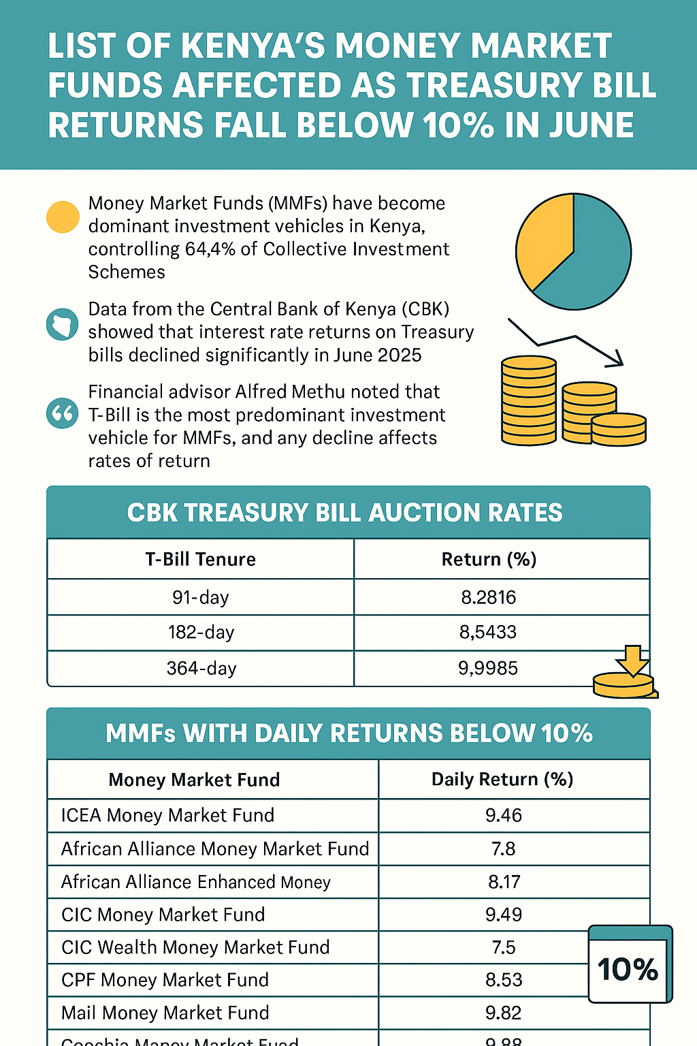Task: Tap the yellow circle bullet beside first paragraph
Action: click(63, 217)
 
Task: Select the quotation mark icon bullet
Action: click(62, 413)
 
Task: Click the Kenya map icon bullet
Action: click(62, 325)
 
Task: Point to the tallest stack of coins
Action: click(529, 402)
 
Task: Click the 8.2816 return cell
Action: click(488, 597)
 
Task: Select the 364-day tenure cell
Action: click(201, 668)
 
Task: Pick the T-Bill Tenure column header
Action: click(201, 559)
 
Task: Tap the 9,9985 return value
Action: click(488, 668)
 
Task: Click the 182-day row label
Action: click(201, 632)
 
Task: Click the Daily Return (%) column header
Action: click(502, 779)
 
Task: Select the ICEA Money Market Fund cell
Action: click(167, 815)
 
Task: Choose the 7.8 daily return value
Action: click(504, 849)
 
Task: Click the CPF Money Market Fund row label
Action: click(165, 980)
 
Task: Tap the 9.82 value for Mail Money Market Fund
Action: click(504, 1013)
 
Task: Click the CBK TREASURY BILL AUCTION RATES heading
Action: click(345, 513)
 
